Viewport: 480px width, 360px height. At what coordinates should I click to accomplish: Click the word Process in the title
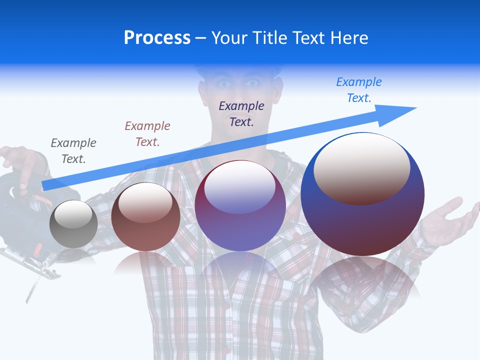click(157, 38)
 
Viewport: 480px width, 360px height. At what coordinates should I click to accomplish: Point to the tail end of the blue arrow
click(45, 185)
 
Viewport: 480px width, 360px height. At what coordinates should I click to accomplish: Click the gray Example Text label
click(73, 151)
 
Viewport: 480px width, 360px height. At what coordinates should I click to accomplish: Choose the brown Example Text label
click(147, 134)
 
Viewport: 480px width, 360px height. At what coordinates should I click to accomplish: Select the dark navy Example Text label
click(241, 113)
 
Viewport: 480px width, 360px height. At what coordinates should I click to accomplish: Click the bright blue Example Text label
click(359, 89)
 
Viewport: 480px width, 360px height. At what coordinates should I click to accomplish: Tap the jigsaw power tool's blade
click(31, 290)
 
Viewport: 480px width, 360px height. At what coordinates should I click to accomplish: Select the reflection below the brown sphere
click(145, 262)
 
